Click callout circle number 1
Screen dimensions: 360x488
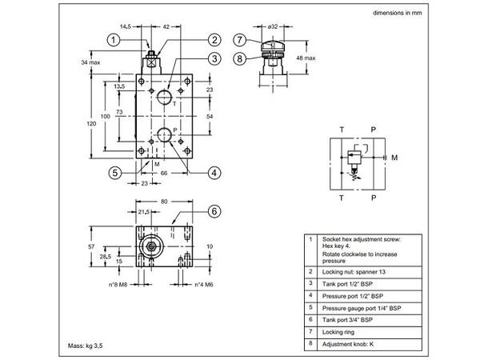(114, 39)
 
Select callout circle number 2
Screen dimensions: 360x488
(214, 40)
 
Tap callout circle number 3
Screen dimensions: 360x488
(214, 58)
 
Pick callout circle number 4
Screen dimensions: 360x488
(214, 171)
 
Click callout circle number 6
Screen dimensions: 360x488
(214, 211)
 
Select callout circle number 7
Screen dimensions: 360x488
(238, 40)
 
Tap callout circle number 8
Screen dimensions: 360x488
(238, 57)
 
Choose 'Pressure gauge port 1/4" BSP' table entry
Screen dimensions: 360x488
(361, 307)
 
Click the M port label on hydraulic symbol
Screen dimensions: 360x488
(394, 158)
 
